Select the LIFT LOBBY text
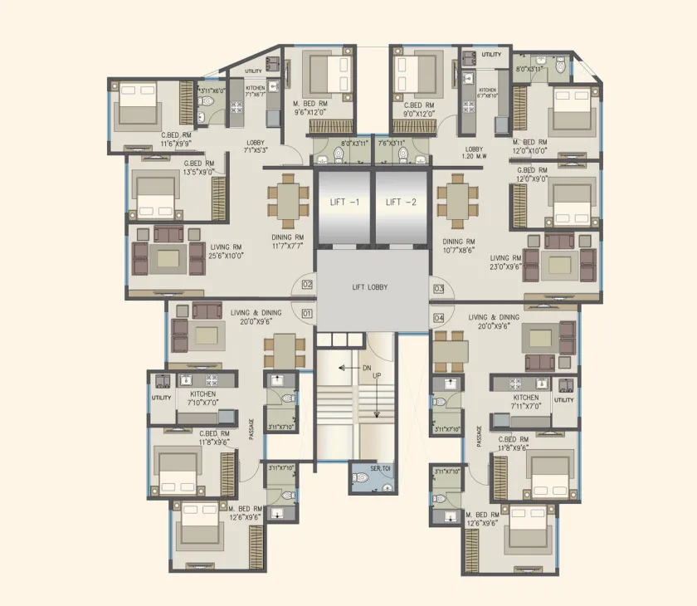[370, 287]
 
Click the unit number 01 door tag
[306, 314]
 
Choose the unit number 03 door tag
[438, 289]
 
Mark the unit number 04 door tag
[438, 318]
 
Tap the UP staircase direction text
[376, 376]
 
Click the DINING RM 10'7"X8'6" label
[458, 246]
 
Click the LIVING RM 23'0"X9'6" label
[505, 263]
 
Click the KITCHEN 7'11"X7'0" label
[526, 403]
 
